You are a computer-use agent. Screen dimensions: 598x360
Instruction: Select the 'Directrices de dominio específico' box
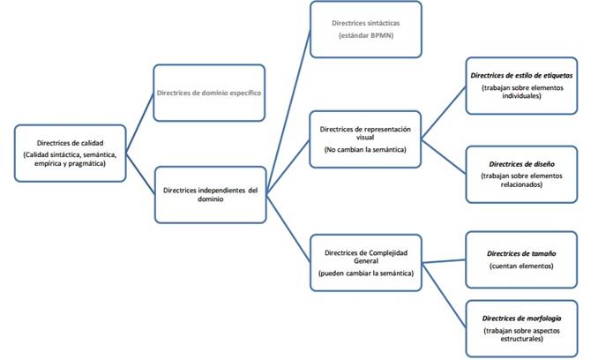click(209, 93)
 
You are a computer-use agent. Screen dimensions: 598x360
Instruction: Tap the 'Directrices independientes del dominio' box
click(209, 194)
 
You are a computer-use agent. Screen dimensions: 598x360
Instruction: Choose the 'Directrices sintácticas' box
click(365, 28)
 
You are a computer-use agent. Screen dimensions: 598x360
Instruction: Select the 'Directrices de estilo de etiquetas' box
click(520, 85)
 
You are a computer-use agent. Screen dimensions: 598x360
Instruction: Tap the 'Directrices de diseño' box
click(520, 174)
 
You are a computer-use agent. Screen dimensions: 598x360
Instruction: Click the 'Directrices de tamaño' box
click(522, 259)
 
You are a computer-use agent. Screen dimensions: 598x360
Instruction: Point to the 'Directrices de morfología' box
click(522, 326)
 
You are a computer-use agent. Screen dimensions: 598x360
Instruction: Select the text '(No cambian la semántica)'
click(365, 151)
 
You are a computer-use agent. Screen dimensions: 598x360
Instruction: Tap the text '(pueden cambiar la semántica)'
click(365, 274)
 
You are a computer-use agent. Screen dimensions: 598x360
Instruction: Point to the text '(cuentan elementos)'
click(522, 266)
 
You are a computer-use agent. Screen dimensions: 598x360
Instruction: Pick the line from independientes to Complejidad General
click(288, 226)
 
